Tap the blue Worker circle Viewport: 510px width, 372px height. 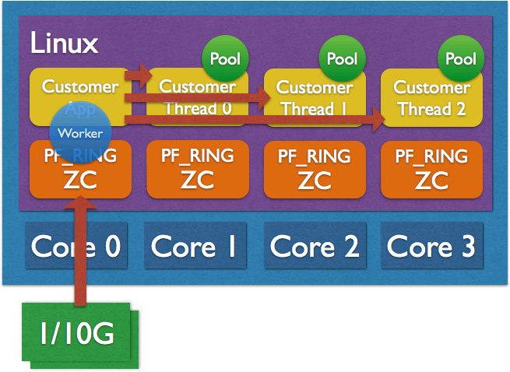(x=80, y=132)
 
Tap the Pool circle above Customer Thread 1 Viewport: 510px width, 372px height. (x=342, y=58)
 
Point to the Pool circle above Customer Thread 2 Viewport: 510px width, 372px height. (x=460, y=58)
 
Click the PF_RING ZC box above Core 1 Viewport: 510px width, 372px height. (x=197, y=169)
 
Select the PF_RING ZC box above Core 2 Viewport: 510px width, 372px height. (x=315, y=169)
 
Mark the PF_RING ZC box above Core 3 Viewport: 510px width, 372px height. (x=431, y=169)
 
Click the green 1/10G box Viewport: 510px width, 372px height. (x=76, y=335)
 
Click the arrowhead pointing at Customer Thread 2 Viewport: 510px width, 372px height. (x=377, y=119)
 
